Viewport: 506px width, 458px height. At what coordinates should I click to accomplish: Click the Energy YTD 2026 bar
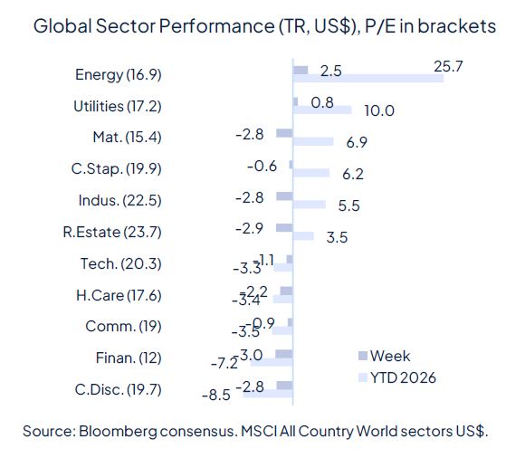(368, 79)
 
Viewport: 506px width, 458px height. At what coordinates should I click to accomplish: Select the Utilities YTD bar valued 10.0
(322, 110)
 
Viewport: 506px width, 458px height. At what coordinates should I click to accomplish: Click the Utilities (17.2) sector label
(117, 106)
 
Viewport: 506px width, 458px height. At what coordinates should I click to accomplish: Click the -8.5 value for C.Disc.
(215, 395)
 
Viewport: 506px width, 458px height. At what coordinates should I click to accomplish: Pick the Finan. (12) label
(128, 358)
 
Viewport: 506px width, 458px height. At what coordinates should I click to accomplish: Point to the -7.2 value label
(223, 363)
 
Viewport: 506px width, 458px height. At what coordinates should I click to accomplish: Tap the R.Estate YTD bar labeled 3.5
(303, 236)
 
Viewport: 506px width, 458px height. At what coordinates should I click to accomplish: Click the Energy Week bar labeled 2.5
(301, 70)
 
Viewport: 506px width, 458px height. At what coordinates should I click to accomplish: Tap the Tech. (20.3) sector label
(121, 263)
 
